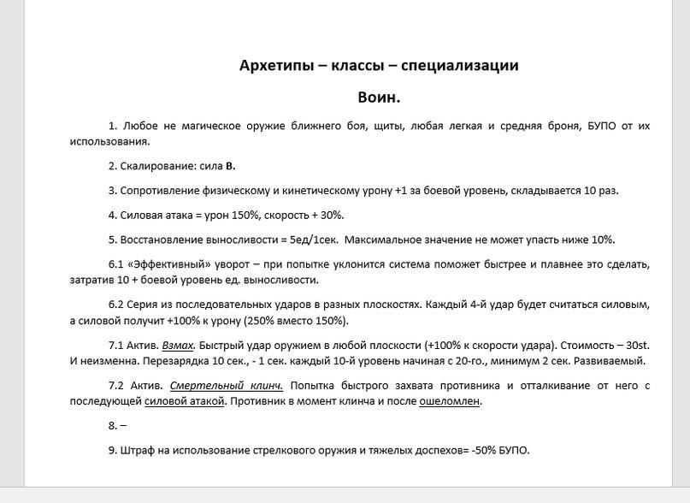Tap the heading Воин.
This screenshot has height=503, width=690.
[x=379, y=98]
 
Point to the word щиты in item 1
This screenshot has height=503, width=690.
[x=388, y=126]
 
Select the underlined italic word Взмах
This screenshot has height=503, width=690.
[x=178, y=346]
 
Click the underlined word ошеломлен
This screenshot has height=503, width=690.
[x=450, y=401]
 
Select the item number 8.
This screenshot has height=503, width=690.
[x=113, y=425]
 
